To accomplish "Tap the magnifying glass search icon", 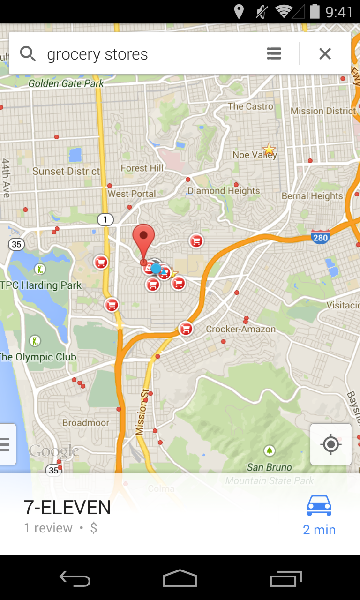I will [x=28, y=54].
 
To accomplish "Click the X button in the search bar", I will [x=325, y=54].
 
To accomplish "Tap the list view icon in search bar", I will [x=274, y=54].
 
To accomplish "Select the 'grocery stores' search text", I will [x=97, y=54].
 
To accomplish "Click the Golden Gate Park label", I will [x=66, y=83].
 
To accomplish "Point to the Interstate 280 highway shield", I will [x=321, y=237].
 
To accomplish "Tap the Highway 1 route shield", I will [x=105, y=219].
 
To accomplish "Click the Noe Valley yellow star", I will [x=269, y=150].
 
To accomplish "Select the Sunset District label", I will [x=66, y=171].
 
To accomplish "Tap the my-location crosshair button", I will [x=331, y=444].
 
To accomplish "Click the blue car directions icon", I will [x=319, y=505].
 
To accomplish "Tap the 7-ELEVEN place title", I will [x=67, y=508].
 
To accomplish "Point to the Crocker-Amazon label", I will [x=241, y=329].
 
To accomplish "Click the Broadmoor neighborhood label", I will [x=86, y=423].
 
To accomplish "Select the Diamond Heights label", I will [x=224, y=191].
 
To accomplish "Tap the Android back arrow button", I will [x=75, y=578].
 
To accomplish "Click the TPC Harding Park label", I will [x=41, y=285].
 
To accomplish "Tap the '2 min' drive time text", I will [x=319, y=530].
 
